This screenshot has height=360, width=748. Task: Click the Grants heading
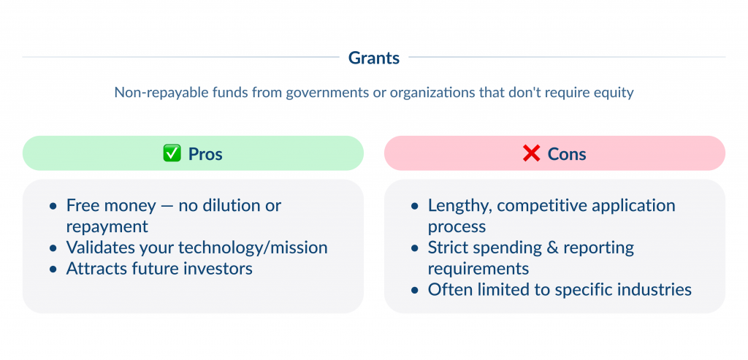[x=374, y=58]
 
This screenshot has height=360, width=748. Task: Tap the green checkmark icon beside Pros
[x=171, y=154]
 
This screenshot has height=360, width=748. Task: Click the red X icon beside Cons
[x=531, y=154]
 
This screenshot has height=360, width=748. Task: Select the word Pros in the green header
[x=205, y=154]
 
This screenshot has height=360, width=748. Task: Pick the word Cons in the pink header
[x=567, y=154]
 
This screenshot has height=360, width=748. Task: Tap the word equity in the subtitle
[x=614, y=93]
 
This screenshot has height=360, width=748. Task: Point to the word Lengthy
[x=455, y=206]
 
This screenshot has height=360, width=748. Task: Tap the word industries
[x=655, y=290]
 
